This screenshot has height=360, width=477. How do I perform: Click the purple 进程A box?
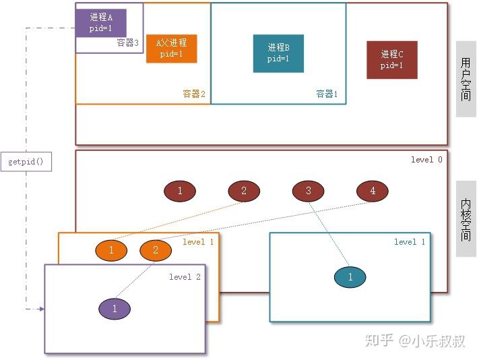(x=100, y=22)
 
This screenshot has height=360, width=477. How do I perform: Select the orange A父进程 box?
(x=171, y=49)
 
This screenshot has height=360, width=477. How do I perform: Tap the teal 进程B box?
(x=278, y=53)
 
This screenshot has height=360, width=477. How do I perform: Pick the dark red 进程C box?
(x=392, y=59)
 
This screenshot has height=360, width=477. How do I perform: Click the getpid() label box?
(x=26, y=162)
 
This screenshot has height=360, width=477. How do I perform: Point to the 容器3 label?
(x=128, y=43)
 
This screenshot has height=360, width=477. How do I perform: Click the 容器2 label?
(x=194, y=94)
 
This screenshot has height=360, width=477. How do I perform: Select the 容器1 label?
(x=327, y=94)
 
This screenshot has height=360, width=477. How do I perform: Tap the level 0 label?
(x=426, y=160)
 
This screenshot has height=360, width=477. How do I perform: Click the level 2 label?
(x=185, y=277)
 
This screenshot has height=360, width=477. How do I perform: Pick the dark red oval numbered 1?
(x=180, y=191)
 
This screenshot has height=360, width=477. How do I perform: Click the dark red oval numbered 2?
(x=244, y=191)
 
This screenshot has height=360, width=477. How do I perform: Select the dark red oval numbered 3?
(x=309, y=191)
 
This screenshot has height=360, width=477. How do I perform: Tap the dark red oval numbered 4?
(x=373, y=191)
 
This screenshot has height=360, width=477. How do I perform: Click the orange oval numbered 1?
(x=112, y=250)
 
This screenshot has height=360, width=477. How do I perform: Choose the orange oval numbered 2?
(x=156, y=250)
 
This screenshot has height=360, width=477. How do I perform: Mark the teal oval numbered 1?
(x=350, y=276)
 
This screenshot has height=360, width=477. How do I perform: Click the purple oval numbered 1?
(x=115, y=309)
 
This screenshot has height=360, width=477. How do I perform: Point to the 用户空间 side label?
(x=466, y=79)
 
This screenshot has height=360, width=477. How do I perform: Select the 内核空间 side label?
(x=466, y=219)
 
